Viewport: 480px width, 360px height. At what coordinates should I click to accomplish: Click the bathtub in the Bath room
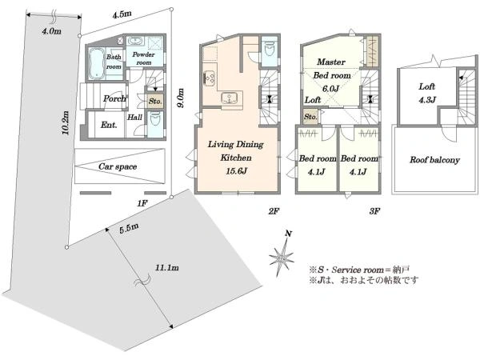pyautogui.click(x=97, y=64)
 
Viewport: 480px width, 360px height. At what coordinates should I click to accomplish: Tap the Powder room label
pyautogui.click(x=143, y=58)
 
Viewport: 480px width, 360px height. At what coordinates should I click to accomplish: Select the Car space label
pyautogui.click(x=118, y=166)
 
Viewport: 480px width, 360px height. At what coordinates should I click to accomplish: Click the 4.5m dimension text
pyautogui.click(x=122, y=14)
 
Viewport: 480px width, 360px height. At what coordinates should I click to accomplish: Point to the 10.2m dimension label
pyautogui.click(x=65, y=122)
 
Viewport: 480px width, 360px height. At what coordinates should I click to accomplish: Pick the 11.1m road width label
pyautogui.click(x=167, y=267)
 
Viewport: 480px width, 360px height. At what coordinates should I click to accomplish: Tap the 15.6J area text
pyautogui.click(x=236, y=171)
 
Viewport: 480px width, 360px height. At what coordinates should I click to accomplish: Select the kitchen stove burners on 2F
pyautogui.click(x=210, y=78)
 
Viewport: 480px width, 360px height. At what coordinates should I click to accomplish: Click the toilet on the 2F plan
pyautogui.click(x=270, y=49)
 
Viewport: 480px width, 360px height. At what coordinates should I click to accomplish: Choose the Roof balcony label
pyautogui.click(x=434, y=160)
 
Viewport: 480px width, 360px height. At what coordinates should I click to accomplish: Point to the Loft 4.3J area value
pyautogui.click(x=426, y=99)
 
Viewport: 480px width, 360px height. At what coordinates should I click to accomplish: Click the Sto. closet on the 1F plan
pyautogui.click(x=155, y=101)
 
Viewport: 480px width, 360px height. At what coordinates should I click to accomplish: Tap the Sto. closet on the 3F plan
pyautogui.click(x=310, y=117)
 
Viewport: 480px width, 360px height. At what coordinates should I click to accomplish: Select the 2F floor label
pyautogui.click(x=274, y=210)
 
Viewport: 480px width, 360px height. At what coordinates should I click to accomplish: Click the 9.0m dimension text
pyautogui.click(x=181, y=98)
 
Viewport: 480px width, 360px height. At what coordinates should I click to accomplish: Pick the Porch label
pyautogui.click(x=114, y=98)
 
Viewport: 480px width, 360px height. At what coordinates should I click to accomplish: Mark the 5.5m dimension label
pyautogui.click(x=129, y=228)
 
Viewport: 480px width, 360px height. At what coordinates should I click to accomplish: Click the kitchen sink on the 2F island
pyautogui.click(x=229, y=98)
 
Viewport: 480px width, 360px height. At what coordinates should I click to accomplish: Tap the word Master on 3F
pyautogui.click(x=331, y=62)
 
